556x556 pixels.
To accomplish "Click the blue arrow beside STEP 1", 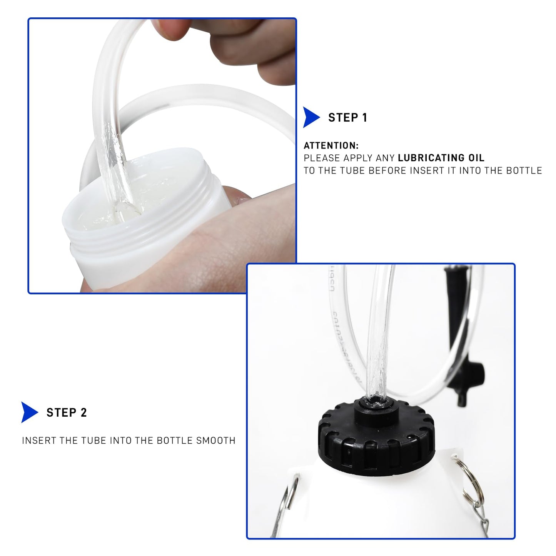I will coord(311,117).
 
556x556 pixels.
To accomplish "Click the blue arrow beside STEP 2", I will coord(29,412).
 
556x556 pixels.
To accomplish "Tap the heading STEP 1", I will coord(347,118).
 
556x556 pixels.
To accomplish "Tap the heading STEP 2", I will coord(67,412).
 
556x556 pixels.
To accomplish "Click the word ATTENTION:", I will coord(331,145).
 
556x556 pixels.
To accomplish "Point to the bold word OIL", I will coord(476,158).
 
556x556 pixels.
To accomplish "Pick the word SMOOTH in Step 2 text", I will coord(215,441).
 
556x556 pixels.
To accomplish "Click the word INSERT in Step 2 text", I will coord(39,441).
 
